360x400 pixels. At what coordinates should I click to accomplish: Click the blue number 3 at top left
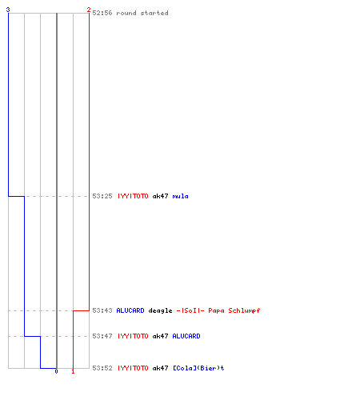pyautogui.click(x=8, y=10)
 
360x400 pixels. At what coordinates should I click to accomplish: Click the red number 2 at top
pyautogui.click(x=89, y=10)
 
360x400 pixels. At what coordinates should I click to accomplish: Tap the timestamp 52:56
pyautogui.click(x=102, y=13)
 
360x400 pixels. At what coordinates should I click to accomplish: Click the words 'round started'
pyautogui.click(x=142, y=13)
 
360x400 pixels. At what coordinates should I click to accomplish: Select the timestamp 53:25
pyautogui.click(x=102, y=196)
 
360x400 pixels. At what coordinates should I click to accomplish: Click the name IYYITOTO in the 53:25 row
pyautogui.click(x=133, y=196)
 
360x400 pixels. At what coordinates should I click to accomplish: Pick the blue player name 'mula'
pyautogui.click(x=180, y=197)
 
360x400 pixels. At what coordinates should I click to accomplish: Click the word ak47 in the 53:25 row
pyautogui.click(x=160, y=196)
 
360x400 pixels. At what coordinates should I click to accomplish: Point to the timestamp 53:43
pyautogui.click(x=102, y=310)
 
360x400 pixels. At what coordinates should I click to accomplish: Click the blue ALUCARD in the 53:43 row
pyautogui.click(x=130, y=310)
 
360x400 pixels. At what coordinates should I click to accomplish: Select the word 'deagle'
pyautogui.click(x=160, y=311)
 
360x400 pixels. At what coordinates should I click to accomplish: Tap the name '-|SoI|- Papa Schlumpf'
pyautogui.click(x=218, y=310)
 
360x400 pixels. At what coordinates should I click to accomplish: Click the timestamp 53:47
pyautogui.click(x=102, y=336)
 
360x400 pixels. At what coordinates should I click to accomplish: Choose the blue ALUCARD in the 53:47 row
pyautogui.click(x=186, y=336)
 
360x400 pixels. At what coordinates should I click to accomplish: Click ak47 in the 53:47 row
pyautogui.click(x=160, y=336)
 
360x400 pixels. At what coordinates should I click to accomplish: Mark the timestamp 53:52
pyautogui.click(x=102, y=368)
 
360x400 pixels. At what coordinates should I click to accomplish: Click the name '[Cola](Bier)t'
pyautogui.click(x=198, y=368)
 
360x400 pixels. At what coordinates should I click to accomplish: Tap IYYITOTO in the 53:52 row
pyautogui.click(x=133, y=368)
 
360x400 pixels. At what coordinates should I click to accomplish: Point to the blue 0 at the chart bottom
pyautogui.click(x=56, y=371)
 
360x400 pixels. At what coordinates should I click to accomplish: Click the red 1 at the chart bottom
pyautogui.click(x=73, y=371)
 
